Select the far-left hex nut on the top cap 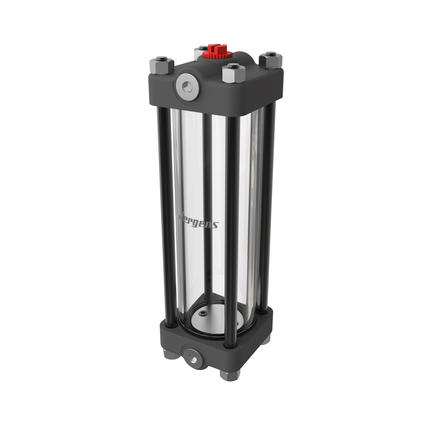pyautogui.click(x=162, y=65)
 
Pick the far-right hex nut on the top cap pyautogui.click(x=270, y=60)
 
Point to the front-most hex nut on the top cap pyautogui.click(x=234, y=73)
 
